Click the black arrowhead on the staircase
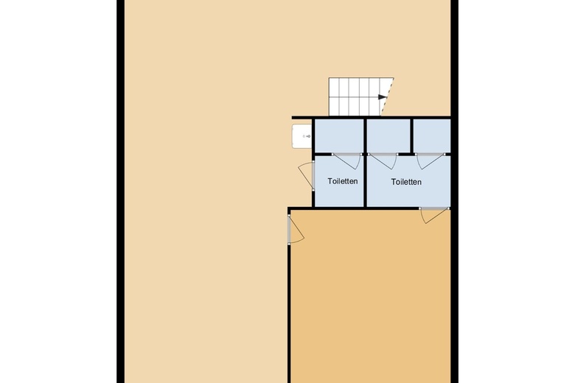point(382,97)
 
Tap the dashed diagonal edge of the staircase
point(388,96)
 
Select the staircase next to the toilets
point(361,96)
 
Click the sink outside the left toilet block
point(302,136)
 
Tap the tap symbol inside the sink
point(307,136)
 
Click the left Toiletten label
point(343,181)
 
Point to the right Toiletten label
point(406,182)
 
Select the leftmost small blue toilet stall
point(339,136)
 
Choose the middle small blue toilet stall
point(388,136)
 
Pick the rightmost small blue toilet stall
point(432,136)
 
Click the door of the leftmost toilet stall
point(347,161)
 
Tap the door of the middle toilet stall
point(383,161)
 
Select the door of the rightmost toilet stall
point(431,161)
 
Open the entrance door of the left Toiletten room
point(306,176)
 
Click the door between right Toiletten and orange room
point(434,216)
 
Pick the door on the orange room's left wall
point(296,229)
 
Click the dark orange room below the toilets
point(370,297)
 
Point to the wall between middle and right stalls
point(412,136)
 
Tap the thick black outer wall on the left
point(121,191)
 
